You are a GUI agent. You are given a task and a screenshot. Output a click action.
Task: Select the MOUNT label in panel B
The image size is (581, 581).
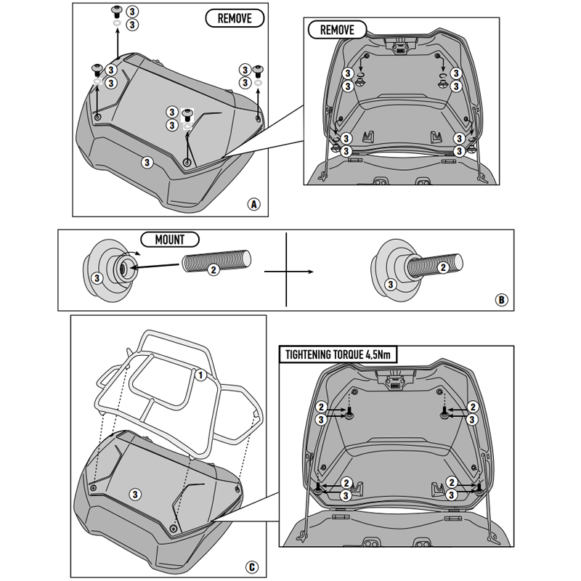(x=168, y=240)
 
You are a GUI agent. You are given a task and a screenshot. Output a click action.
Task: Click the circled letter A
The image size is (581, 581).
(x=253, y=204)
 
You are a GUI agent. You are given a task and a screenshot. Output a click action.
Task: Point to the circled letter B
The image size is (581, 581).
(x=500, y=298)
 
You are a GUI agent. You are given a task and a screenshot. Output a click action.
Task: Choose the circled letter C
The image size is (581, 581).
(x=251, y=567)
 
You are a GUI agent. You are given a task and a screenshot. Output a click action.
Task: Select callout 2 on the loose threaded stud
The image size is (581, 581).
(x=213, y=269)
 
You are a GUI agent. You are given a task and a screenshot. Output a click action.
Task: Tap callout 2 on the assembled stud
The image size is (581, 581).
(x=442, y=269)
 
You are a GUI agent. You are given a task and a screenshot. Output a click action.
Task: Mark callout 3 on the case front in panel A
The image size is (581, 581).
(x=147, y=161)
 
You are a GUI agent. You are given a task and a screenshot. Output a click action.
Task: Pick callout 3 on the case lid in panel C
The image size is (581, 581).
(x=135, y=493)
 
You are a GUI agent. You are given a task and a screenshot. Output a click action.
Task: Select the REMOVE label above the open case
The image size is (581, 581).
(x=332, y=30)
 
